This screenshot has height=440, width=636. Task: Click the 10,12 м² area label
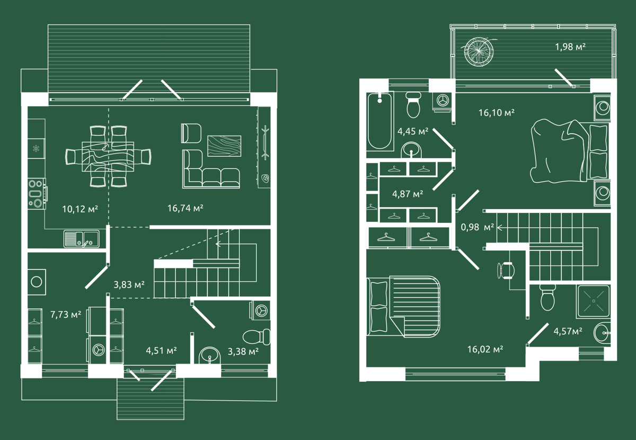(x=80, y=209)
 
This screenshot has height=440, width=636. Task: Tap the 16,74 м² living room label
(x=185, y=208)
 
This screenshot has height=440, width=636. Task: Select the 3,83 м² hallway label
(x=129, y=284)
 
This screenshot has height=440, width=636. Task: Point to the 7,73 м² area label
(x=66, y=314)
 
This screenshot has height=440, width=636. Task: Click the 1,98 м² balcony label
(x=570, y=47)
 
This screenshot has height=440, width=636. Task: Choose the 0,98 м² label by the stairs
(x=478, y=227)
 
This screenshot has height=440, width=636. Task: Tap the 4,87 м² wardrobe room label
(x=408, y=194)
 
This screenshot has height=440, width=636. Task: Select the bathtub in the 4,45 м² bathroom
(x=379, y=120)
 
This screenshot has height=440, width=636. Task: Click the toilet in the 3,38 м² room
(x=257, y=337)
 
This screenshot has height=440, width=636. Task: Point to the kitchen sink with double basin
(x=82, y=238)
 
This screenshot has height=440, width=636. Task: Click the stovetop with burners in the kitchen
(x=37, y=194)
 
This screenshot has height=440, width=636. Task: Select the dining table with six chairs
(x=108, y=157)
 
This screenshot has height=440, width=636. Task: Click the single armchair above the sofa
(x=191, y=133)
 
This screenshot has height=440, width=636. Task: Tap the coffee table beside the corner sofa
(x=224, y=146)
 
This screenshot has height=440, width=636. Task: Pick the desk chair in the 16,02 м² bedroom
(x=506, y=270)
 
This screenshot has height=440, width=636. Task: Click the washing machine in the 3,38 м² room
(x=260, y=310)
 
